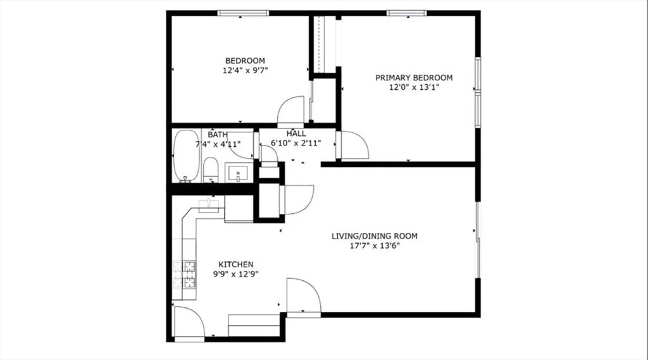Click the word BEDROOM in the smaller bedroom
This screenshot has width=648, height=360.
245,61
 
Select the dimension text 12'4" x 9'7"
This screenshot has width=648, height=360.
245,70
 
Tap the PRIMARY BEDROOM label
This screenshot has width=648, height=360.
414,78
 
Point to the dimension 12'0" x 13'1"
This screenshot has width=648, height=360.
414,87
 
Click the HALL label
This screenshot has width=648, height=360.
296,133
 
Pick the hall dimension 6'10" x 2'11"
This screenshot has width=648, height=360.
296,144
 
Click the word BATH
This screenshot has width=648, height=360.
218,135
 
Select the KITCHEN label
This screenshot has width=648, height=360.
235,264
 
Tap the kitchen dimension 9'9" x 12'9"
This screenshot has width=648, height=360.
235,274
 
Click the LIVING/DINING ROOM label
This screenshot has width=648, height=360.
375,236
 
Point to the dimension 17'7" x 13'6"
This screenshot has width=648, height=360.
375,246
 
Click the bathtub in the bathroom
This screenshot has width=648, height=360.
187,156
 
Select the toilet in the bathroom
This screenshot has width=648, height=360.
211,170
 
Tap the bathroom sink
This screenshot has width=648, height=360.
238,172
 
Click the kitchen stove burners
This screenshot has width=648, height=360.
184,275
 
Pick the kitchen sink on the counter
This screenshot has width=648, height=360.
209,205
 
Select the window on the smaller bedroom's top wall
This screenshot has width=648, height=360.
243,13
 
